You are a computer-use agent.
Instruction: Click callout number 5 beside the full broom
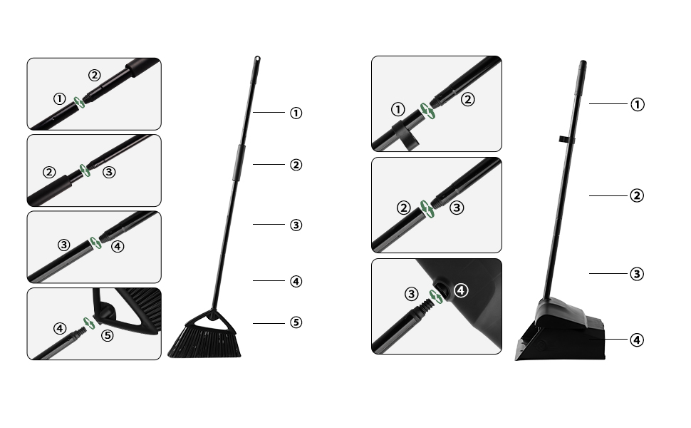(x=296, y=322)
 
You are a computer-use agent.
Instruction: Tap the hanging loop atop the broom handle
(x=258, y=59)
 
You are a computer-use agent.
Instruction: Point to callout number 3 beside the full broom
(x=296, y=225)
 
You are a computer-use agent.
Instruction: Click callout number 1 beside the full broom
(x=296, y=113)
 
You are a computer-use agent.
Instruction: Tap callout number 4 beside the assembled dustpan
(x=638, y=340)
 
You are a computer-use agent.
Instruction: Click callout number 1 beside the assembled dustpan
(x=638, y=104)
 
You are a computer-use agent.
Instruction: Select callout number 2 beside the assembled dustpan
(x=638, y=195)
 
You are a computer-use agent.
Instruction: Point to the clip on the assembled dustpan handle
(x=563, y=137)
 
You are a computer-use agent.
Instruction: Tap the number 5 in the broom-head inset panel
(x=108, y=335)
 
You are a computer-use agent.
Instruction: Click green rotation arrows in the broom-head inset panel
(x=89, y=322)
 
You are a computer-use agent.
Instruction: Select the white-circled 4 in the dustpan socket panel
(x=461, y=290)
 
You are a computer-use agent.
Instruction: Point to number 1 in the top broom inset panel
(x=59, y=98)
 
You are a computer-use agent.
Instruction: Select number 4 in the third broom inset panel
(x=118, y=246)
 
